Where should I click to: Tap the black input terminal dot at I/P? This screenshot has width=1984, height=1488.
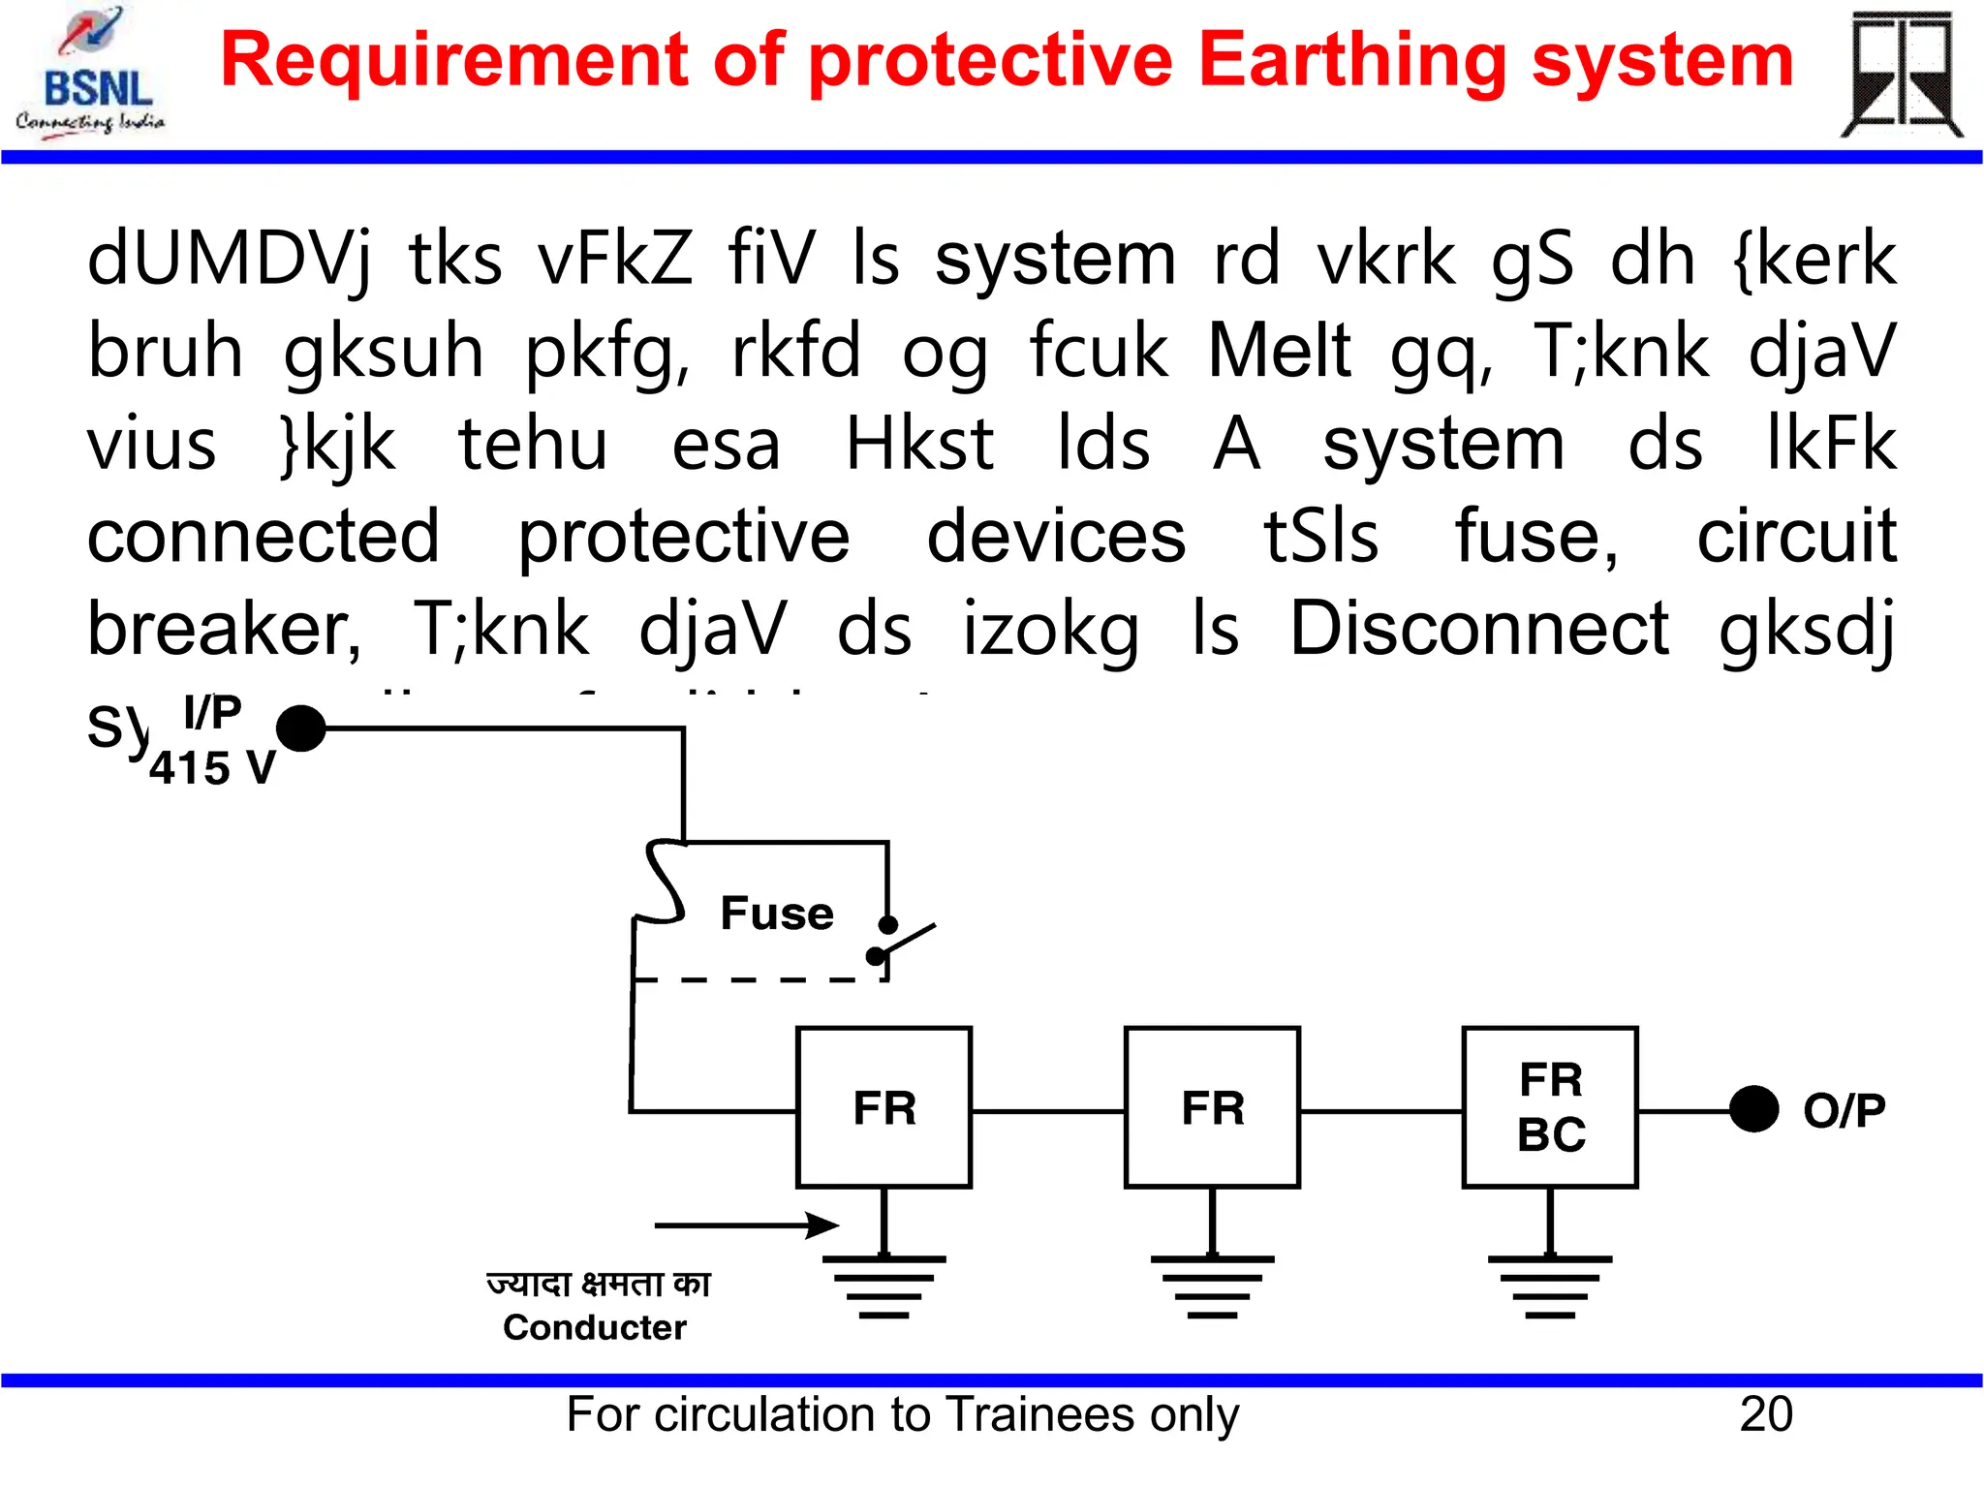301,728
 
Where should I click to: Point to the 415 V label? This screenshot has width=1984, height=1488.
212,768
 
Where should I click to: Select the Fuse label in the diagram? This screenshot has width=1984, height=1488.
777,913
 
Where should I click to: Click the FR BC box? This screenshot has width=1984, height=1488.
1550,1106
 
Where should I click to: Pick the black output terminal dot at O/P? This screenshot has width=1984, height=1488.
1753,1109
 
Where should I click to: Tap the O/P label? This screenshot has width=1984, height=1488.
1844,1110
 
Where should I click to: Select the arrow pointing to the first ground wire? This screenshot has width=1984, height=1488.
747,1225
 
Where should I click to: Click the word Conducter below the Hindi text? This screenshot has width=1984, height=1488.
595,1327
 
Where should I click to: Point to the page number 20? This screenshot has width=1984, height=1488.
1766,1414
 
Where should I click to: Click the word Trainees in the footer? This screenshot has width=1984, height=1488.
1040,1414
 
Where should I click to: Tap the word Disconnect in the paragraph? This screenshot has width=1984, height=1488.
1479,628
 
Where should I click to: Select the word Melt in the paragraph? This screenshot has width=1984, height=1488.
1279,350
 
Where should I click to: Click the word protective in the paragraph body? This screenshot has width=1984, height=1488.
684,537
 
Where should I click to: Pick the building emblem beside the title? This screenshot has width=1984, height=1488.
1901,75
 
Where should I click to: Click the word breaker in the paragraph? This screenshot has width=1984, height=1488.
224,629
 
